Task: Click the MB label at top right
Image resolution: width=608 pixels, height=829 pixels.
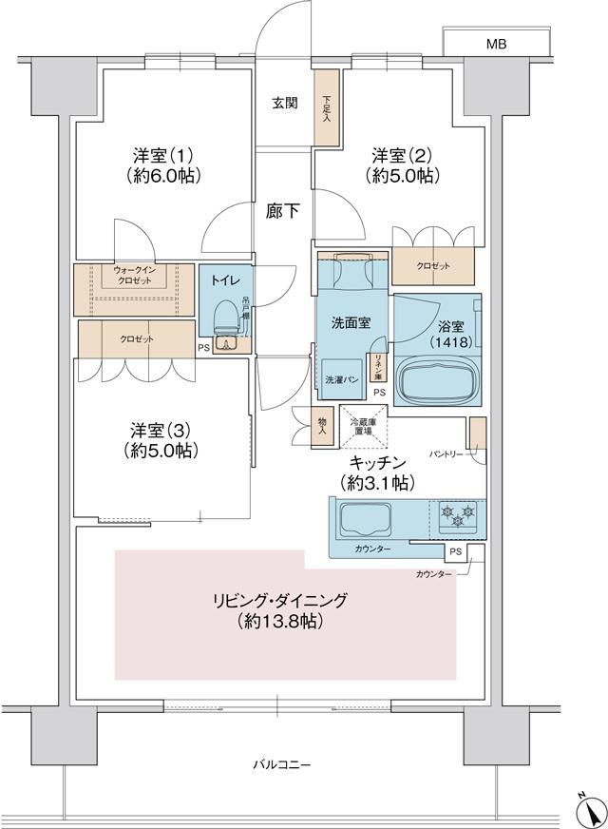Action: coord(496,45)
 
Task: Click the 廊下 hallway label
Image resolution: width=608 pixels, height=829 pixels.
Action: coord(282,212)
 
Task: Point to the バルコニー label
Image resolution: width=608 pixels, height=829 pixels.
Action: coord(282,764)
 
